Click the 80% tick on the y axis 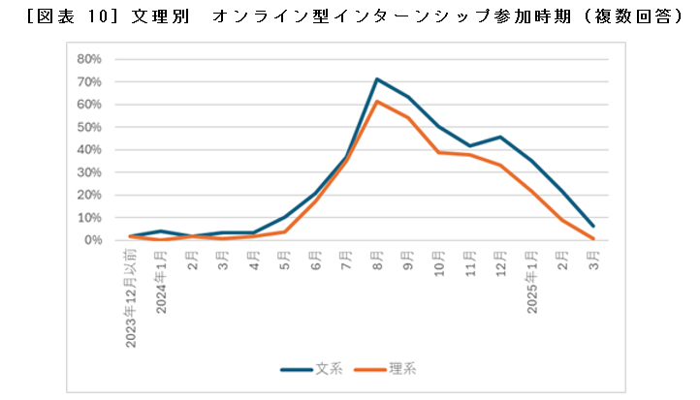tap(89, 59)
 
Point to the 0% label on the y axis tap(92, 239)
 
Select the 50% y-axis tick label tap(89, 127)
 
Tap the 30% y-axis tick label tap(89, 171)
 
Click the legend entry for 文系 tap(309, 369)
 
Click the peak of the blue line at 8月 tap(377, 79)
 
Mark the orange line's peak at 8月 tap(377, 102)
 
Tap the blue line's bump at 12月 tap(500, 137)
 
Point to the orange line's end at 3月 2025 tap(592, 238)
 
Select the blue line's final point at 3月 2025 tap(592, 226)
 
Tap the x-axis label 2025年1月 tap(531, 281)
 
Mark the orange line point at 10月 tap(438, 152)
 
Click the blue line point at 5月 tap(285, 217)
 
